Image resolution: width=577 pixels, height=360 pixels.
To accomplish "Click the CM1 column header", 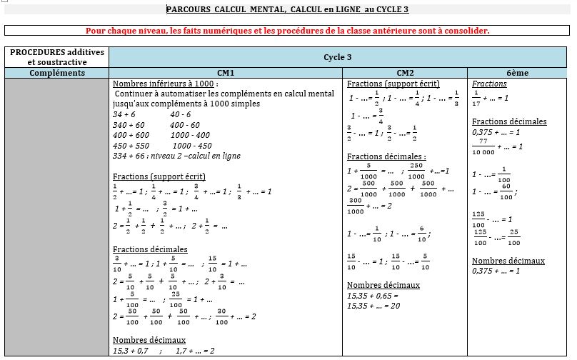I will tap(226, 73).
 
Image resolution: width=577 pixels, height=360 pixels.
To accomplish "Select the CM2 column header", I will tap(405, 73).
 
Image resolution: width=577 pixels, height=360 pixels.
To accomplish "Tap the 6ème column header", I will tap(518, 73).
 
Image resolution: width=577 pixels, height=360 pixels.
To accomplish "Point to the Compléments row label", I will tap(57, 73).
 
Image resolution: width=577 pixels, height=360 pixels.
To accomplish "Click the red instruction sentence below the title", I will tap(287, 31).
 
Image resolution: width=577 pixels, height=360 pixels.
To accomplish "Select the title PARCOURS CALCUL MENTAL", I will tap(287, 10).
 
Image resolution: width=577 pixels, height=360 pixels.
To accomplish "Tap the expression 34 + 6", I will tap(124, 114).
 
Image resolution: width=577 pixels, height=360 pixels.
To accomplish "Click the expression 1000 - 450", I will tap(192, 146).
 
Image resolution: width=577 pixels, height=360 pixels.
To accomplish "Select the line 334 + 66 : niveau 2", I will tap(176, 156).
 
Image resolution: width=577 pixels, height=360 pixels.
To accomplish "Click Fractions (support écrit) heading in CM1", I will tap(159, 176).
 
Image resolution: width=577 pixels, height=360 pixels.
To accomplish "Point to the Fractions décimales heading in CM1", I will tap(150, 249).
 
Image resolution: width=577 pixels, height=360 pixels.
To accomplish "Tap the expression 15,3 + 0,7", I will tap(131, 351).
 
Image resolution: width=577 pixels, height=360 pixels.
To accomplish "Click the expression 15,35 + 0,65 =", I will tap(372, 295).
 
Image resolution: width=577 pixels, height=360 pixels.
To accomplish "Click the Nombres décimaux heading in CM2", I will tap(383, 285).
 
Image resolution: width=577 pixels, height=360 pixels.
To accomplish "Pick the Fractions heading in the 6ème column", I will tap(489, 84).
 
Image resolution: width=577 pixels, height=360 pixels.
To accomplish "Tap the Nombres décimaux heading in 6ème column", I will tap(508, 261).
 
